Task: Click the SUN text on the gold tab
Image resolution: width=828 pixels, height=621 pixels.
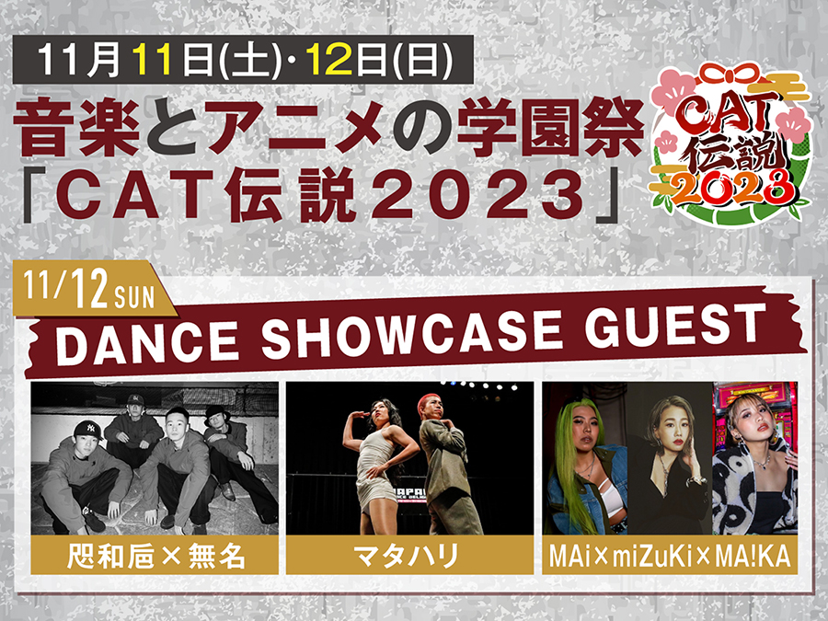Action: [x=134, y=298]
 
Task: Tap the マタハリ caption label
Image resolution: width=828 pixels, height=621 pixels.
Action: [x=409, y=556]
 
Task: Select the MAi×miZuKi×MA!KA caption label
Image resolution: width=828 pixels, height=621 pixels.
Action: [x=670, y=556]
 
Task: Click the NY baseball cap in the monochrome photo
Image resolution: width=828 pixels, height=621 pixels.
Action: [x=88, y=430]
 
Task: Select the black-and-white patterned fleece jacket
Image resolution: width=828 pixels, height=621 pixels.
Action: [x=754, y=487]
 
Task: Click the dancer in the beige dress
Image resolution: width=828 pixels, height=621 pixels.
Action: [x=376, y=466]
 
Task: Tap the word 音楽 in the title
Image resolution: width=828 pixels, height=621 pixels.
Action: [x=77, y=130]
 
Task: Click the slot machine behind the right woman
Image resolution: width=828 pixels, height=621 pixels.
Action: [x=754, y=412]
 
